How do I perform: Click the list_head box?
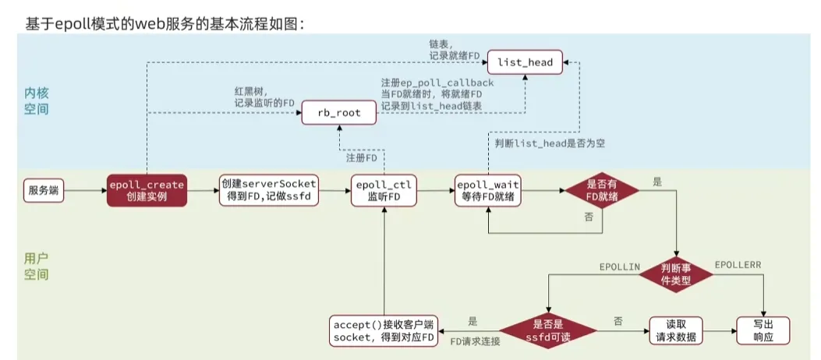point(525,62)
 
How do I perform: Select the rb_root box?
point(338,113)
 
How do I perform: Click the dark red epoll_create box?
point(147,191)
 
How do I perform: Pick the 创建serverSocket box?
point(266,191)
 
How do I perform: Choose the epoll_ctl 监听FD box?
point(383,191)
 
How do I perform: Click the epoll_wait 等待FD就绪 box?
point(488,191)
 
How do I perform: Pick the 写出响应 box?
point(763,330)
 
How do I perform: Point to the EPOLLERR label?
point(738,266)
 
